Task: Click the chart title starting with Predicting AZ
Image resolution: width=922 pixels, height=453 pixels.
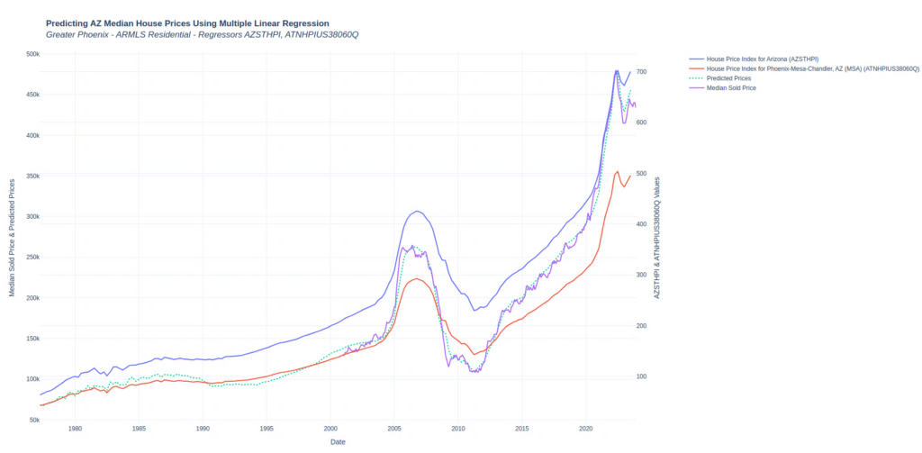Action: (x=187, y=23)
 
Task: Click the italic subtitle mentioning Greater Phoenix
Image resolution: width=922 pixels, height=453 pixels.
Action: (x=208, y=34)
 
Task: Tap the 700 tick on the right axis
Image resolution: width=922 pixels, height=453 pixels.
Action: (x=642, y=71)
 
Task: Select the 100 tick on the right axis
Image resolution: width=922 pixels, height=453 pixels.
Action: (x=642, y=376)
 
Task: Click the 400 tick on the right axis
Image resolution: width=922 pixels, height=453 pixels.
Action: (x=642, y=223)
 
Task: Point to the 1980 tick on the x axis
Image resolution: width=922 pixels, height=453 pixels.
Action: (x=75, y=429)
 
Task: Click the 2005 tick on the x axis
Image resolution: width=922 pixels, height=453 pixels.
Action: (x=394, y=429)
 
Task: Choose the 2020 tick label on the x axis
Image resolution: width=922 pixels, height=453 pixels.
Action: (x=586, y=429)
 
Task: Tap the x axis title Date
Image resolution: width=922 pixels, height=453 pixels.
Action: (x=338, y=442)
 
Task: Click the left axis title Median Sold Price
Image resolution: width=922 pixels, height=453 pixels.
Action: (x=12, y=237)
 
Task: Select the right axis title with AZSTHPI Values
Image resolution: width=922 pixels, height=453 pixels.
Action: (x=658, y=237)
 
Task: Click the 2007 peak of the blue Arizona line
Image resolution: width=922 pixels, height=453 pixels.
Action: (x=416, y=212)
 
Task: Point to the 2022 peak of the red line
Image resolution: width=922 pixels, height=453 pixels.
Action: (x=617, y=171)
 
